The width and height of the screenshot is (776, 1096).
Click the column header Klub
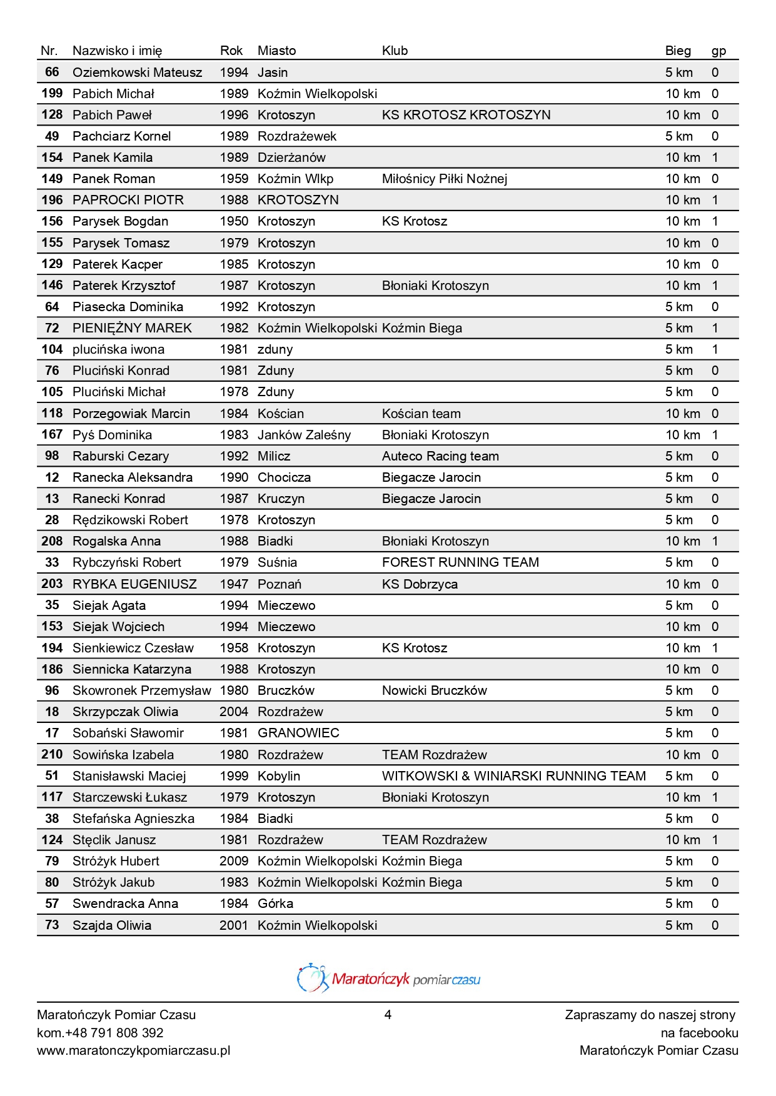click(395, 51)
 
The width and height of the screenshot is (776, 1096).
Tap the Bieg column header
click(678, 51)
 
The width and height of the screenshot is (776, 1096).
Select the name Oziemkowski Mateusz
click(137, 72)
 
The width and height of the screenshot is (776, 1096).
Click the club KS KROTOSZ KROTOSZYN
click(466, 115)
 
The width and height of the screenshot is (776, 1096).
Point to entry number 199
click(52, 94)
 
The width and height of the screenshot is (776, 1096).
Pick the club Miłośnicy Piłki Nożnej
click(444, 179)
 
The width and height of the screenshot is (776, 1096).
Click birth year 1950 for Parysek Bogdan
click(234, 221)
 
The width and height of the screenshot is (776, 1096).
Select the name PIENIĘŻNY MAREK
click(132, 328)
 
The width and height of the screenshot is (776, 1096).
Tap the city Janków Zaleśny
click(304, 435)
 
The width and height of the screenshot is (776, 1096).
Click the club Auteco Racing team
click(440, 456)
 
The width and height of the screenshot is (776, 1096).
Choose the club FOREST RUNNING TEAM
click(460, 562)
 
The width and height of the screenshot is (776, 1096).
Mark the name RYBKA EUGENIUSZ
click(134, 584)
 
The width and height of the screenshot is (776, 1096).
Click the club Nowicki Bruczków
click(434, 690)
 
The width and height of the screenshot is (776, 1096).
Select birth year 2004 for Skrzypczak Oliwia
click(234, 712)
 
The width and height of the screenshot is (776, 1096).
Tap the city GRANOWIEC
click(298, 733)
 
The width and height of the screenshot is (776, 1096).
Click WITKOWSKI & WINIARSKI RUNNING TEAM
click(513, 776)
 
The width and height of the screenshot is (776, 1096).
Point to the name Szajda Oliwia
click(112, 925)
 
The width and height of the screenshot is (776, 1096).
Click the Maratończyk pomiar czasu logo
click(388, 979)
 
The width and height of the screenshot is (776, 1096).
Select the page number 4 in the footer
click(388, 1015)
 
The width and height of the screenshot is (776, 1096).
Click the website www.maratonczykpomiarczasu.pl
click(133, 1050)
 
